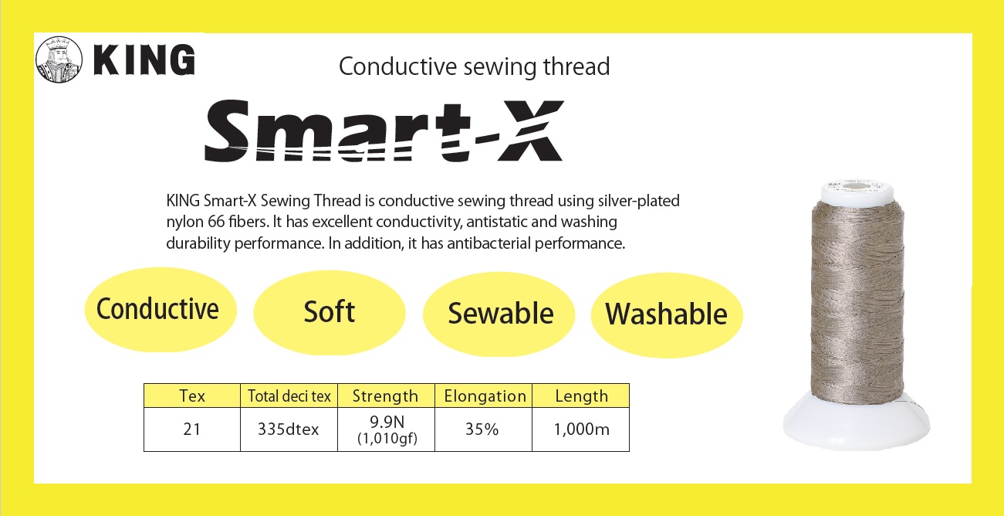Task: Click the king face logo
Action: pyautogui.click(x=59, y=59)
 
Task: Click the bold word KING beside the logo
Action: pyautogui.click(x=144, y=59)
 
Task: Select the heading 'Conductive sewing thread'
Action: pyautogui.click(x=474, y=67)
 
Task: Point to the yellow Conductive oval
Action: pyautogui.click(x=161, y=310)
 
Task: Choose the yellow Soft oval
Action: pyautogui.click(x=330, y=313)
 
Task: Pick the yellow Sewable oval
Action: pyautogui.click(x=499, y=314)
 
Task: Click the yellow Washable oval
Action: pyautogui.click(x=667, y=315)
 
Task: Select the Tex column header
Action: pyautogui.click(x=192, y=395)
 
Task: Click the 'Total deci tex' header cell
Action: pyautogui.click(x=289, y=395)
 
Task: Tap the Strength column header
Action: pyautogui.click(x=386, y=395)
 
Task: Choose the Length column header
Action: pyautogui.click(x=581, y=395)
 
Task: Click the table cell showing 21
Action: pyautogui.click(x=192, y=429)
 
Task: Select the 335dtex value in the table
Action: pyautogui.click(x=288, y=429)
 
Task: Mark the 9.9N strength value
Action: pyautogui.click(x=387, y=423)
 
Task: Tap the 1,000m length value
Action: pyautogui.click(x=581, y=429)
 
